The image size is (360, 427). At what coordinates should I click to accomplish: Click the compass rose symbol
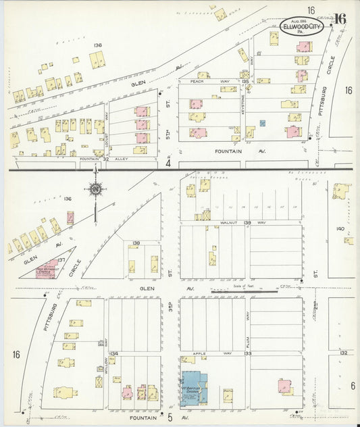95,189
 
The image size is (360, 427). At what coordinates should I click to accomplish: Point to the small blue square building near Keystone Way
263,122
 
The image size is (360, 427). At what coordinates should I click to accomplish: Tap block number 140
340,228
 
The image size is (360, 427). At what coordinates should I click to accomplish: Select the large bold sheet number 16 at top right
340,19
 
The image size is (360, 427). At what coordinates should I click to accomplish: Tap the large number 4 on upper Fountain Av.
168,163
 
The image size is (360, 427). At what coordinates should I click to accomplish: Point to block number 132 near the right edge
343,353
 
